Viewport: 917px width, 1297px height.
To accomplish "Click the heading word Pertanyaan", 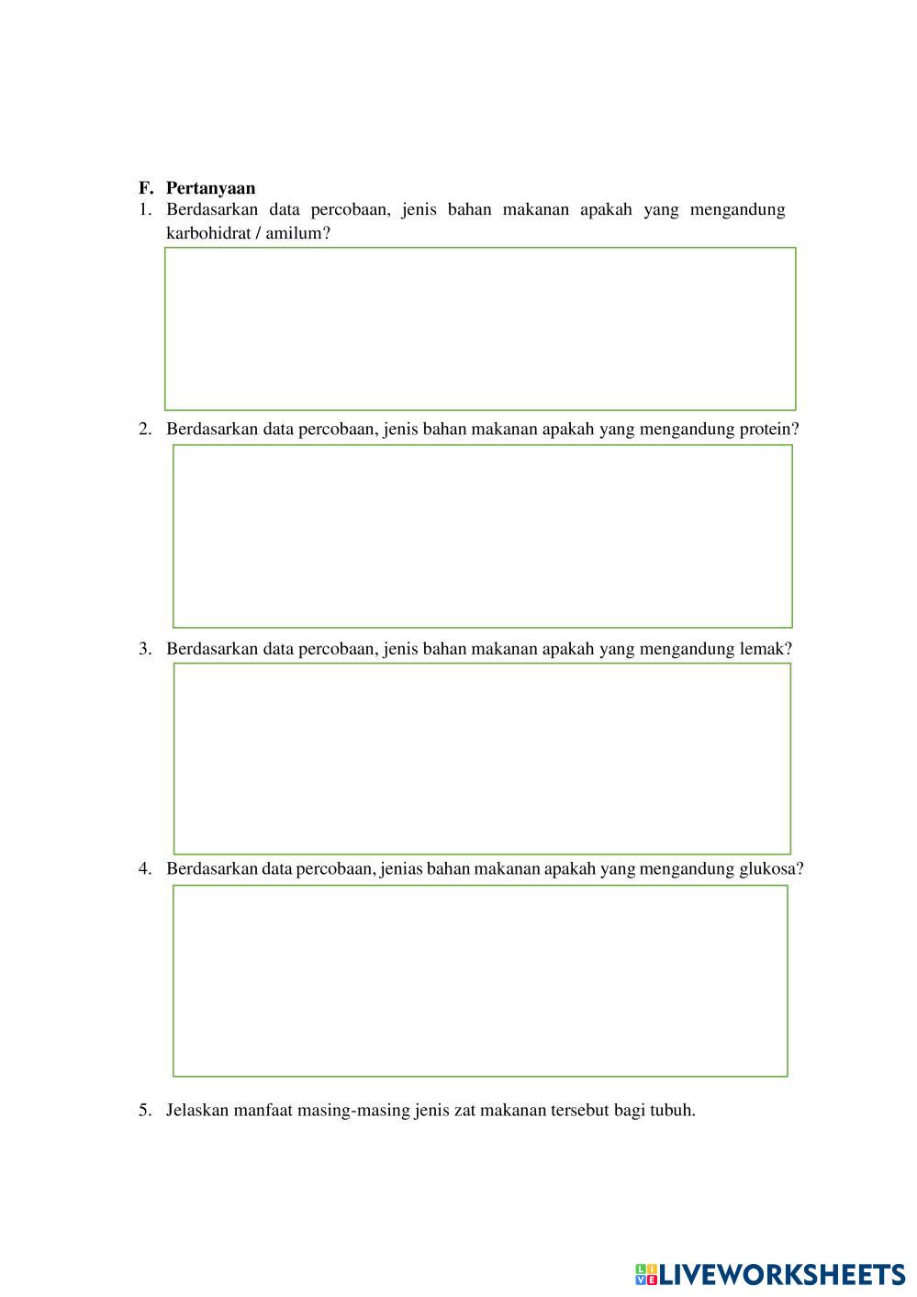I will [x=210, y=188].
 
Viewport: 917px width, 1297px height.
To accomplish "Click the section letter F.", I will [x=145, y=188].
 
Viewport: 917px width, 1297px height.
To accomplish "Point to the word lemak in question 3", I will [x=765, y=649].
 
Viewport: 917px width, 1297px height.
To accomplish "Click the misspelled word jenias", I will [x=402, y=868].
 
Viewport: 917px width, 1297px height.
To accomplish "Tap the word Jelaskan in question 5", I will [x=197, y=1110].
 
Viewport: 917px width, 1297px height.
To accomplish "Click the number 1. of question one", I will [x=145, y=209].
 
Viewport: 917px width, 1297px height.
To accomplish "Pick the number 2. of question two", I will [x=145, y=429].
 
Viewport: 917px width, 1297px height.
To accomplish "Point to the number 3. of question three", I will [x=145, y=649].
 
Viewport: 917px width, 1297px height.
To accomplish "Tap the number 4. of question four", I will [x=145, y=868].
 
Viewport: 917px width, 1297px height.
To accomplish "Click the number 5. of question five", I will [x=145, y=1110].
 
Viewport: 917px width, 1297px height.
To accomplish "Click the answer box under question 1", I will [x=480, y=329].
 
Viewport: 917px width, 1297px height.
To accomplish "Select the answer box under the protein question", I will [x=482, y=536].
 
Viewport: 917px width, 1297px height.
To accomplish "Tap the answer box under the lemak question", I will [x=482, y=758].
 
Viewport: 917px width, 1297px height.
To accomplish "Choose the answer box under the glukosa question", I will [x=480, y=980].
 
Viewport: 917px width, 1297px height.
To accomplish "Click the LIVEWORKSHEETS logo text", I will [x=781, y=1274].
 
